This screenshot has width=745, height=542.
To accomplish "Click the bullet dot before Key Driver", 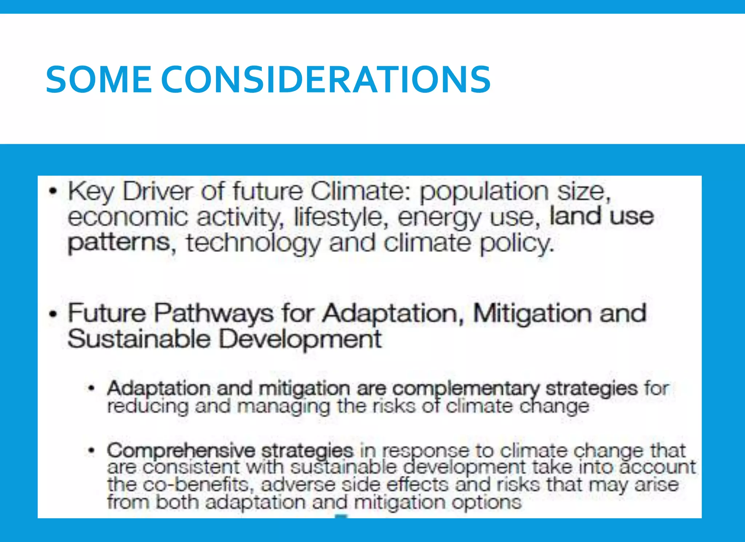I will point(53,191).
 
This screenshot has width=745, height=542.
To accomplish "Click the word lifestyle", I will point(339,218).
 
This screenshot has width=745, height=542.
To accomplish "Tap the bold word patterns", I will point(119,243).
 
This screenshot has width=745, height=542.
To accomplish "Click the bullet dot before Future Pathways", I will point(53,313).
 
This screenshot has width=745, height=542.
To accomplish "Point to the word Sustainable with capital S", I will point(139,339).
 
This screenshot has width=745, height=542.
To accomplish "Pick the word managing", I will point(283,407).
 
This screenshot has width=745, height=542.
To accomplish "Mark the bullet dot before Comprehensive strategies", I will point(92,451).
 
